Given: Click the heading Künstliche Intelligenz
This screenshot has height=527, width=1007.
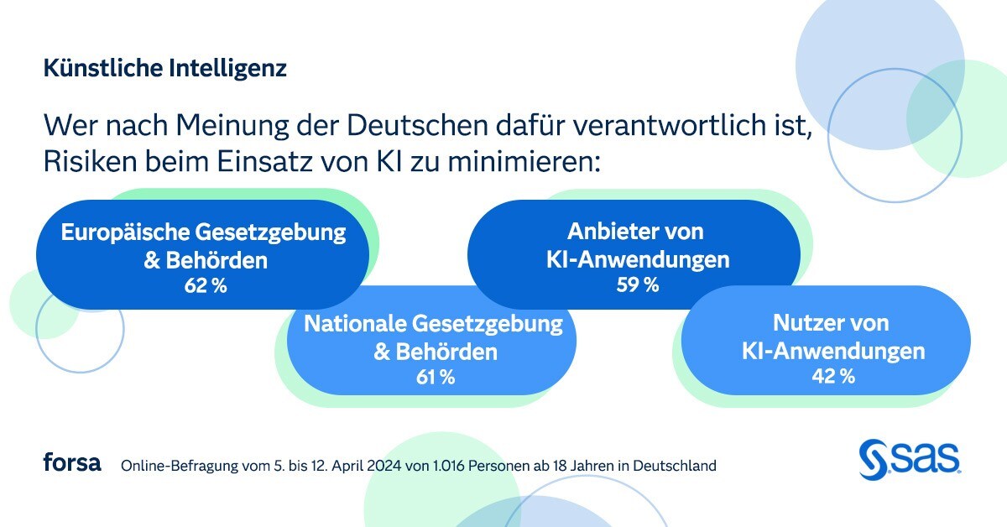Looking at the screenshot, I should pos(165,68).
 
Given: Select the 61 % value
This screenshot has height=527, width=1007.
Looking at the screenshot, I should pos(435,377).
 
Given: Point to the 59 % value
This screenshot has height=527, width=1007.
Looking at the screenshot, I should pos(638,285).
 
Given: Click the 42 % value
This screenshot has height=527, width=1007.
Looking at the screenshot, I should pos(833,377).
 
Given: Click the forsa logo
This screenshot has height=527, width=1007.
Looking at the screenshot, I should pos(72,462).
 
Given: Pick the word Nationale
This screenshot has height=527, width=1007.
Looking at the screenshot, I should pos(355,324).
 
